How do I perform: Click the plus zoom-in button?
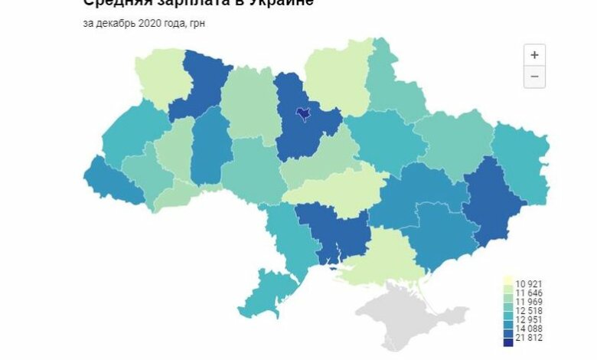534,55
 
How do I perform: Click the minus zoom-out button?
534,77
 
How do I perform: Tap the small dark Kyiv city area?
303,114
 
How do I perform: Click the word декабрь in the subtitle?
114,23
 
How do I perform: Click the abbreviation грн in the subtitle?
197,23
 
